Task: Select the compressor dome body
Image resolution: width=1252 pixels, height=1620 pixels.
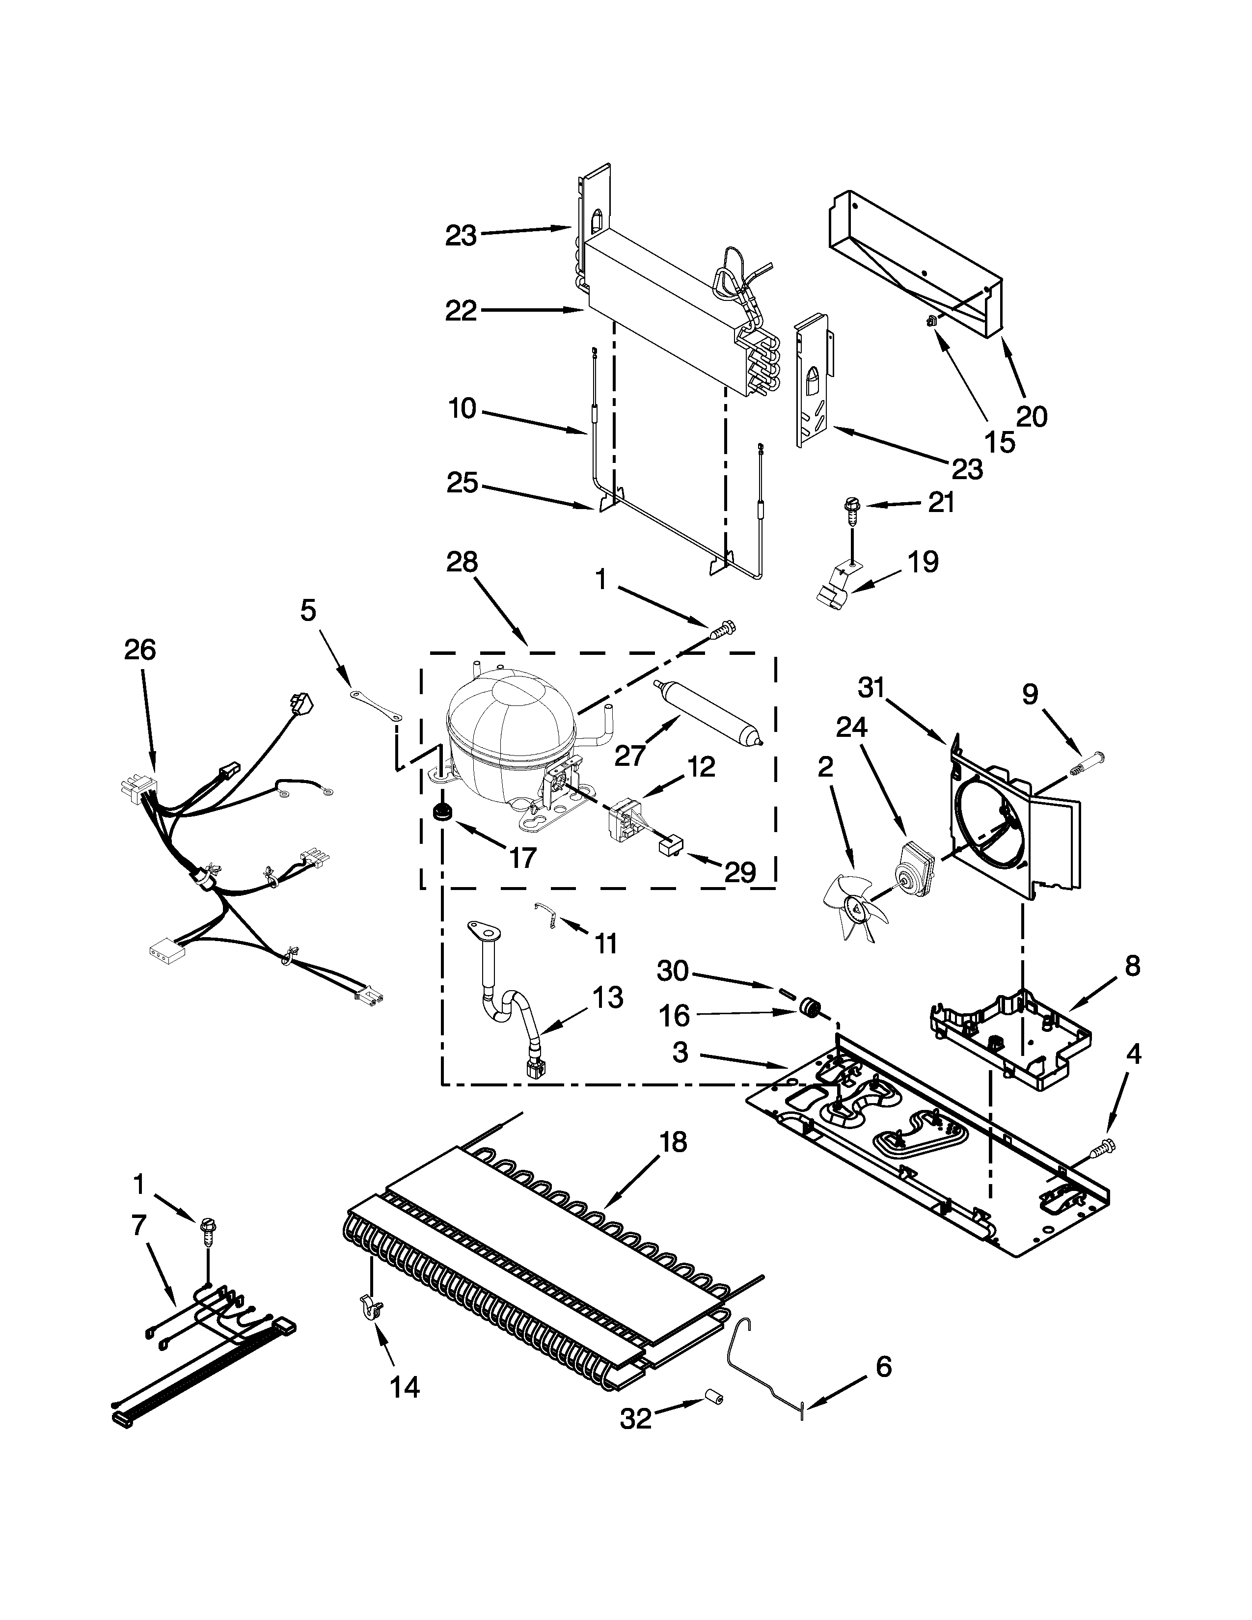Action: click(x=510, y=727)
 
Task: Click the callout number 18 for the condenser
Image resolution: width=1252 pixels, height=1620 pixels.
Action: click(x=673, y=1142)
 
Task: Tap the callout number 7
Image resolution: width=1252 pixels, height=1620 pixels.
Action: click(x=138, y=1225)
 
